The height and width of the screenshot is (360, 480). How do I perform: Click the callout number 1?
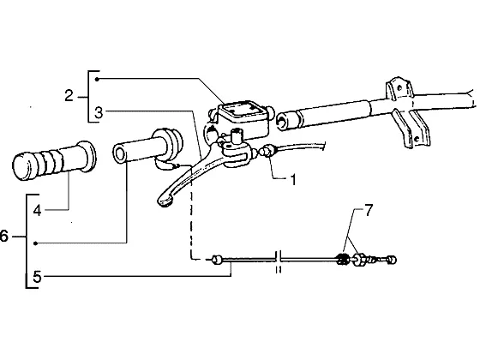click(x=293, y=180)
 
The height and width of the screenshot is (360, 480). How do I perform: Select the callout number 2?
click(x=69, y=96)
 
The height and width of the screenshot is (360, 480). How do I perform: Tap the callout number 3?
click(x=99, y=113)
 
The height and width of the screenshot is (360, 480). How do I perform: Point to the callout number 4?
click(x=38, y=211)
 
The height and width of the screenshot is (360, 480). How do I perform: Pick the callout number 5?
click(x=37, y=278)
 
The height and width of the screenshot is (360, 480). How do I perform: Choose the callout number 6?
click(x=3, y=237)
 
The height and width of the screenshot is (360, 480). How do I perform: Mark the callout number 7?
click(x=369, y=211)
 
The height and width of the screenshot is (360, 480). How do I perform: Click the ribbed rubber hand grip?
click(x=54, y=161)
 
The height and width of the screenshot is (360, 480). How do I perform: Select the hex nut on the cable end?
click(x=360, y=260)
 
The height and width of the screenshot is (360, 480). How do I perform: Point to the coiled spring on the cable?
click(x=343, y=260)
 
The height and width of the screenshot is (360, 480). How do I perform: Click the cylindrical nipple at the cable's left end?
click(x=217, y=260)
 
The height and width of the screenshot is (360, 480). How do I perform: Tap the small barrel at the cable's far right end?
click(x=393, y=260)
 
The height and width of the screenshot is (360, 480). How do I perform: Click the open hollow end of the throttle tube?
click(x=120, y=154)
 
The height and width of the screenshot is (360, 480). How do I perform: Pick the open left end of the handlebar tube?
click(x=282, y=120)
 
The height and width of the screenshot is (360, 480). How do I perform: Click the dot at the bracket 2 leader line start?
click(x=97, y=79)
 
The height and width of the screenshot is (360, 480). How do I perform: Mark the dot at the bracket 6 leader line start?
click(x=35, y=243)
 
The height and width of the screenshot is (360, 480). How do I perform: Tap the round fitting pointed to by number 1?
click(x=266, y=151)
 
